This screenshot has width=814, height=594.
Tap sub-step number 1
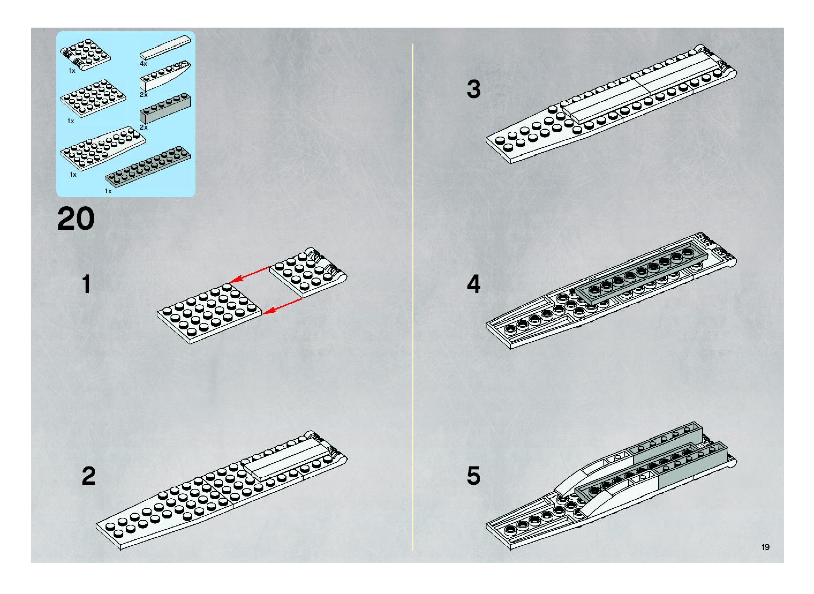pyautogui.click(x=86, y=284)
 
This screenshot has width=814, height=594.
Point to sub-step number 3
pyautogui.click(x=473, y=89)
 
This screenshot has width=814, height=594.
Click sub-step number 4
pyautogui.click(x=473, y=284)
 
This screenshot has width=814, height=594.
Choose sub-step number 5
pyautogui.click(x=473, y=475)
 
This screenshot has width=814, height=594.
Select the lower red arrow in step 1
pyautogui.click(x=282, y=306)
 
